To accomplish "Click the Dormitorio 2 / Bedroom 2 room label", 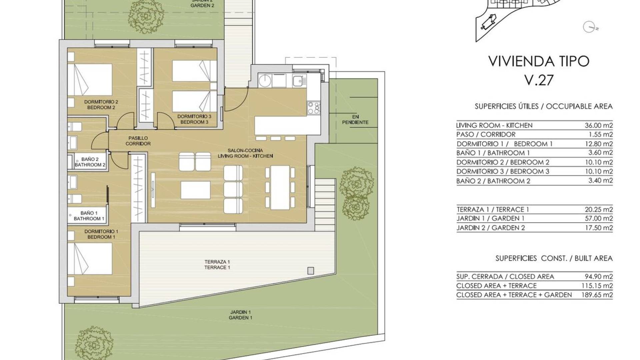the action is tap(101, 105).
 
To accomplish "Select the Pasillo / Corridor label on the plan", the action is tap(138, 141).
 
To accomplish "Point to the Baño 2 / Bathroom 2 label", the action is tap(90, 162).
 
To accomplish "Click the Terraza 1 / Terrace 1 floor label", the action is tap(217, 265).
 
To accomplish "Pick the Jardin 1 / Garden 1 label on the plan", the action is tap(240, 315).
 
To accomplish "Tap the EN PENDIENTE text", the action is tap(355, 119).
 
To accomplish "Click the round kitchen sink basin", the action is tap(266, 81).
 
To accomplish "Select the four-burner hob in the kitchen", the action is tap(314, 108).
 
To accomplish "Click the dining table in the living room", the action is tap(280, 188).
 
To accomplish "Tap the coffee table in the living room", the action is tap(196, 190).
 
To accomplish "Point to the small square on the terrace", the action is tap(311, 270).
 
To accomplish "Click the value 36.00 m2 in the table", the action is tap(599, 125).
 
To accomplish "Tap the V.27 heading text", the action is tap(539, 80).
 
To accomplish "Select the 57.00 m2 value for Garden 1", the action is tap(599, 218).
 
